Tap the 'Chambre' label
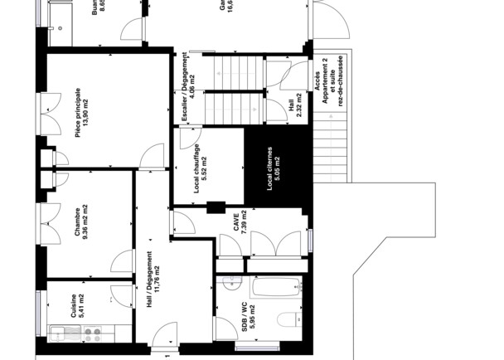click(x=76, y=222)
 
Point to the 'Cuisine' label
click(x=74, y=304)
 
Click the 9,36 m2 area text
click(x=85, y=222)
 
